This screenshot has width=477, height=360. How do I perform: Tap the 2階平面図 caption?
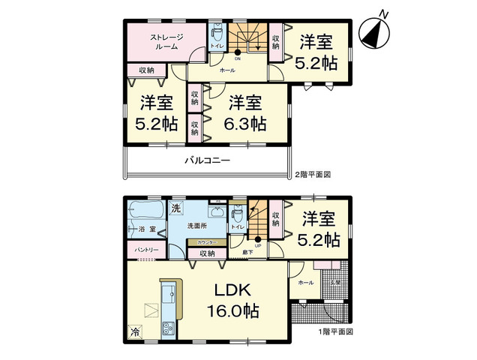[x=312, y=174]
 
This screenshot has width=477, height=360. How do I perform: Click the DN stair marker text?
[x=238, y=58]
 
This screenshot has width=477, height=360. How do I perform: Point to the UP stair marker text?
[x=257, y=246]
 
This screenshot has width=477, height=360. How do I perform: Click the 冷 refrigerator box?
[x=135, y=331]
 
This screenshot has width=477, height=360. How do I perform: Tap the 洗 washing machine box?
[x=176, y=208]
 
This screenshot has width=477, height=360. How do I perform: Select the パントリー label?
[x=145, y=248]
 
